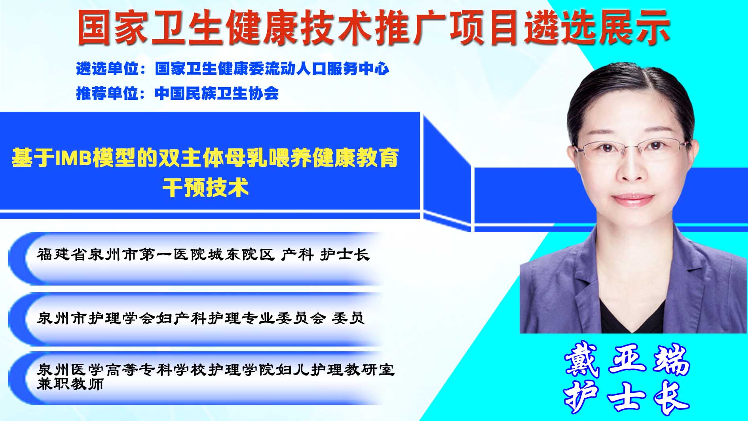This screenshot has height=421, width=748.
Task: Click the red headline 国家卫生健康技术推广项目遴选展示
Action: (374, 27)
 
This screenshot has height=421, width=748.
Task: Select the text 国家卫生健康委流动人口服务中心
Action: (272, 69)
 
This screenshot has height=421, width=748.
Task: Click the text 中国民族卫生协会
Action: (217, 93)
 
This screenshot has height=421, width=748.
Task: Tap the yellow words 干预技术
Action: (205, 187)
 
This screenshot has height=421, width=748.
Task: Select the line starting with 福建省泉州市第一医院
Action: (203, 254)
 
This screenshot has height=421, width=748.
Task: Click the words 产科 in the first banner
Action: (297, 254)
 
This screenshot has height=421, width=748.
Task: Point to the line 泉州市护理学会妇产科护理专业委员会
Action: (181, 318)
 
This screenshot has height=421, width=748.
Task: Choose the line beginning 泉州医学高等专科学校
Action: (216, 370)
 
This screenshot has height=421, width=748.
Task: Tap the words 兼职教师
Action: (70, 383)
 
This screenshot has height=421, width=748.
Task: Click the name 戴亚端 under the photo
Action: (627, 360)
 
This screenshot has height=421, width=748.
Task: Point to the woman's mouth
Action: (634, 198)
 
